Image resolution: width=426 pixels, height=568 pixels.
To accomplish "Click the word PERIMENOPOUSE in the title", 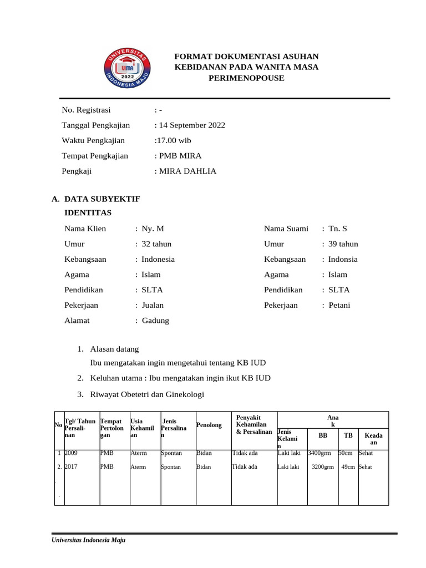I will pyautogui.click(x=246, y=78).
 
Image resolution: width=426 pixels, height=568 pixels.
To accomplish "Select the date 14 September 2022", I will pyautogui.click(x=191, y=125).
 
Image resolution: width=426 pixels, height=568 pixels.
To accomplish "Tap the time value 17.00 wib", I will pyautogui.click(x=173, y=140).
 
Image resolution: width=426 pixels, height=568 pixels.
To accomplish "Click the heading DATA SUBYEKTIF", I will pyautogui.click(x=102, y=198).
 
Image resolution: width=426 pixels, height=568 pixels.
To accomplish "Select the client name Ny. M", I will pyautogui.click(x=153, y=229).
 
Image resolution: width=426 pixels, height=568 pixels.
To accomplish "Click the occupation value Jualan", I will pyautogui.click(x=153, y=305).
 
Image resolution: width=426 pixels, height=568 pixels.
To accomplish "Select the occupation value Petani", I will pyautogui.click(x=339, y=305).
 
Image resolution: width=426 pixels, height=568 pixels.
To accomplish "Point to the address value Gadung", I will pyautogui.click(x=155, y=321).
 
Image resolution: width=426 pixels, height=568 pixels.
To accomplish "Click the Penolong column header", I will pyautogui.click(x=209, y=425).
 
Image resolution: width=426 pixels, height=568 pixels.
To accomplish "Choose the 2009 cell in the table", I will pyautogui.click(x=72, y=453).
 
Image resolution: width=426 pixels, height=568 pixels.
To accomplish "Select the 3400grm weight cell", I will pyautogui.click(x=320, y=453).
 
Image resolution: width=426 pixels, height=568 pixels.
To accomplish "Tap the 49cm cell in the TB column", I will pyautogui.click(x=348, y=467).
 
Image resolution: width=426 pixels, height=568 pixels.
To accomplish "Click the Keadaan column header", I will pyautogui.click(x=373, y=439).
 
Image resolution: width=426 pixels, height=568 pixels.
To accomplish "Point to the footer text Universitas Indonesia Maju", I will pyautogui.click(x=88, y=540).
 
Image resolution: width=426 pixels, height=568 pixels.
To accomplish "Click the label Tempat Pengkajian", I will pyautogui.click(x=95, y=156).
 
